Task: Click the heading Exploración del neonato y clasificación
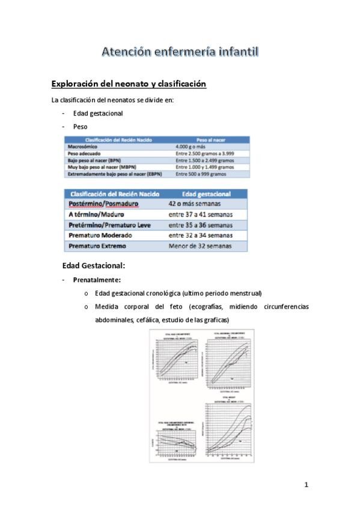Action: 129,84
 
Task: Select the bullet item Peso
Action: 80,127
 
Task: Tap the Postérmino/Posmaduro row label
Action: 103,204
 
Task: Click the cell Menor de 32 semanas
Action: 200,246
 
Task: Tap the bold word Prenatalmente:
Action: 97,280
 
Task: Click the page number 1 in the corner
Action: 306,484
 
